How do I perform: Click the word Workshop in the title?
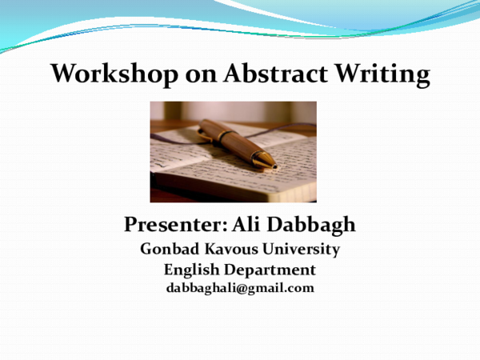114,74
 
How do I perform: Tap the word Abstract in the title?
275,73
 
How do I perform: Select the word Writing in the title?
382,75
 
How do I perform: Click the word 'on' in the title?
201,76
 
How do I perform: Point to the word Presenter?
174,224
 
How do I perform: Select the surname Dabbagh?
311,225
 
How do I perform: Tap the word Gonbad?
170,249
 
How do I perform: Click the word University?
302,250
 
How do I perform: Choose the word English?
192,270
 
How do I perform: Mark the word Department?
270,270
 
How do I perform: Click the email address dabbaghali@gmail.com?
240,288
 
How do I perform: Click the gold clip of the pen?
205,135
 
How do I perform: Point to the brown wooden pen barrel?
233,141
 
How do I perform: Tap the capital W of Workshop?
64,73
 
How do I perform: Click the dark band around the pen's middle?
225,136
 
